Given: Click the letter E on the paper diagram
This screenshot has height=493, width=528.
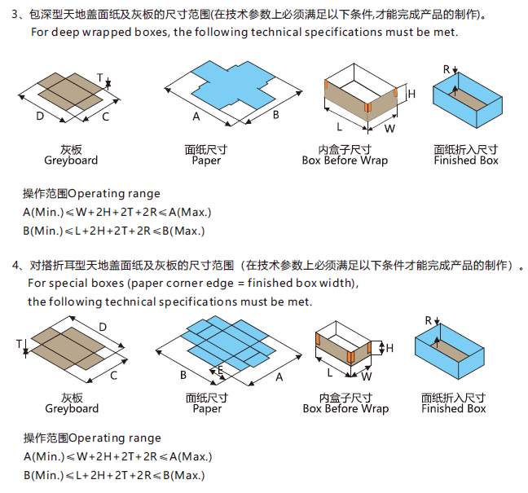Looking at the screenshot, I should pos(220,370).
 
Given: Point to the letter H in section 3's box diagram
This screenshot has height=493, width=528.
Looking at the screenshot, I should pos(411,95).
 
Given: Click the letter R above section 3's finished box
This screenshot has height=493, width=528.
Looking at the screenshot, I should pos(447,69).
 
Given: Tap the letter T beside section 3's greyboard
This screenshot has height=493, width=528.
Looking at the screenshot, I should pos(99,79).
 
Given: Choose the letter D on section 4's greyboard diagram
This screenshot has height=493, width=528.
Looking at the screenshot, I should pos(102,327).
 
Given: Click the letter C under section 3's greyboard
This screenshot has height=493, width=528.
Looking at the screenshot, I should pos(105,117).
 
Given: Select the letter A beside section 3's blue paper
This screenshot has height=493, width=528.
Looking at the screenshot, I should pos(196,117).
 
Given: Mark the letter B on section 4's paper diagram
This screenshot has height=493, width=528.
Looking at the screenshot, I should pos(183,375).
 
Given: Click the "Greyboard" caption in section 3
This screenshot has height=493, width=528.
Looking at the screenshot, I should pos(71,161).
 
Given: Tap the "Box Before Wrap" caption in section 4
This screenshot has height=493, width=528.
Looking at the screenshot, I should pos(345,408).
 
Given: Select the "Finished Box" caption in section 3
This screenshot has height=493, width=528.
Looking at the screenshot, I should pos(465,161).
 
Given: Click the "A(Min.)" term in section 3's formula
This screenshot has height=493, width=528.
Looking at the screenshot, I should pos(44,213).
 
